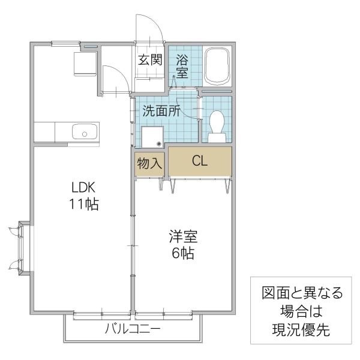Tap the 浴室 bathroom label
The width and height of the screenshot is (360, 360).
[182, 66]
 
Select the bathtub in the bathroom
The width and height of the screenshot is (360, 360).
[217, 67]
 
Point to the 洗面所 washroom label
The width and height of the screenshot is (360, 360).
[161, 111]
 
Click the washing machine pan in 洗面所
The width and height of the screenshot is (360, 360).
[153, 137]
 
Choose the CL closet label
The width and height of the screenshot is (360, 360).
[200, 161]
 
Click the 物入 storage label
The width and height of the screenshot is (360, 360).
[149, 162]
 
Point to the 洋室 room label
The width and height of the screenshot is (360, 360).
[182, 236]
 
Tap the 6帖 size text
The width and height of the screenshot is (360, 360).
[182, 253]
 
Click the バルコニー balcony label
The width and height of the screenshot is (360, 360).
[132, 328]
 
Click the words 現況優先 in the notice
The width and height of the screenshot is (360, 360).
[301, 329]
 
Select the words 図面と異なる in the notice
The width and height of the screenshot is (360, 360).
[301, 293]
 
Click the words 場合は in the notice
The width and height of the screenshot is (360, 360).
[301, 311]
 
